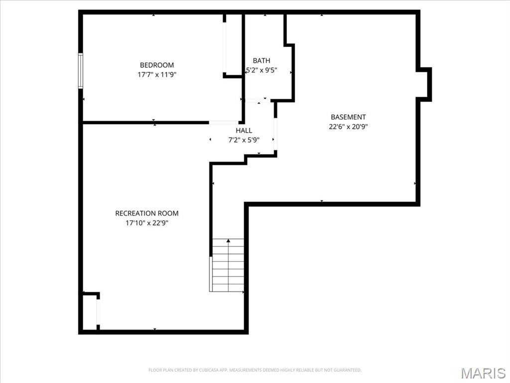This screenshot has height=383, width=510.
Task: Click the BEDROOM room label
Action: [x=157, y=65]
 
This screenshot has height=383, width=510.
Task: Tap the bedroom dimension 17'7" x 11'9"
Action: [x=157, y=75]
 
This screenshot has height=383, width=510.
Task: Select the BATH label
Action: [x=261, y=61]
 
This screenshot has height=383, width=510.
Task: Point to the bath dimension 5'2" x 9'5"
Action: [x=261, y=71]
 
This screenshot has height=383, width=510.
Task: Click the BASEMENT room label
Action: [x=348, y=117]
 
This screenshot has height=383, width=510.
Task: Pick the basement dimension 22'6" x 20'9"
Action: [x=348, y=127]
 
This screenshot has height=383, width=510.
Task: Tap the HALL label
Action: [x=244, y=131]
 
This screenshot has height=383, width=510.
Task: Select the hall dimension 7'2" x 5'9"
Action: [x=244, y=140]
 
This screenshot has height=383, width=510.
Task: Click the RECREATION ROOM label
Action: [x=146, y=213]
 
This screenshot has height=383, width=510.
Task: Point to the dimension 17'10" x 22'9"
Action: [x=146, y=223]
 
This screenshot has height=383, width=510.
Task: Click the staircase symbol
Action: [x=228, y=265]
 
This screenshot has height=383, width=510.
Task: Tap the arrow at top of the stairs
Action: [x=228, y=241]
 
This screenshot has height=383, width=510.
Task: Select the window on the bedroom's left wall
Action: [x=81, y=71]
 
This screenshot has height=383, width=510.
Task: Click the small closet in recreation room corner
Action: [x=90, y=312]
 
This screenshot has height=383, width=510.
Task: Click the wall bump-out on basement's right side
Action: [x=424, y=84]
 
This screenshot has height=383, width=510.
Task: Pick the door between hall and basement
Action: [x=275, y=134]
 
